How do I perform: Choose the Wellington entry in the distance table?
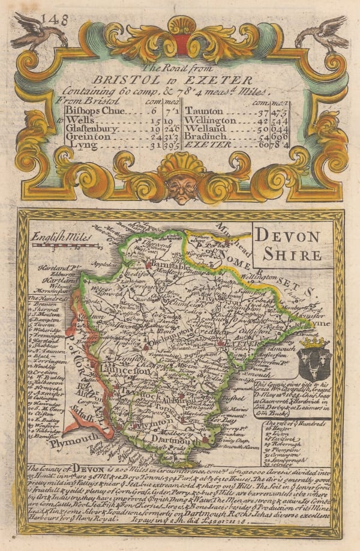[x=211, y=120]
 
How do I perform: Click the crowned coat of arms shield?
[x=314, y=360]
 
